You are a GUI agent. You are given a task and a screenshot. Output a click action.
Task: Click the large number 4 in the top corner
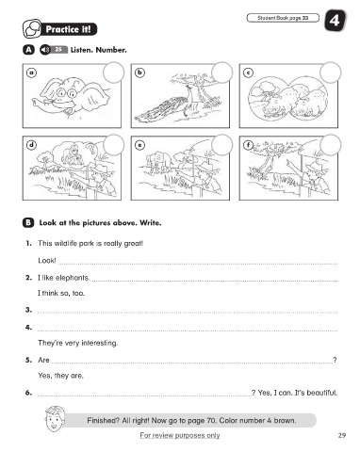click(x=335, y=21)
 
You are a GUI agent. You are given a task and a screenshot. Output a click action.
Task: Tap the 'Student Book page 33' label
click(x=283, y=18)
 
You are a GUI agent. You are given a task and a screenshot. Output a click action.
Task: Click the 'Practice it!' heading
click(x=68, y=29)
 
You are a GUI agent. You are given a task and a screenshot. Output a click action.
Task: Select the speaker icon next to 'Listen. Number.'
click(x=45, y=50)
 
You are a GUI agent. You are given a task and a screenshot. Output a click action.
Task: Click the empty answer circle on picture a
click(x=113, y=73)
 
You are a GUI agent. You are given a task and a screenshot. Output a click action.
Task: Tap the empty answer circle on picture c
click(x=331, y=73)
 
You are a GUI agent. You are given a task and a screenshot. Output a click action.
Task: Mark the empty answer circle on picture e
click(x=222, y=145)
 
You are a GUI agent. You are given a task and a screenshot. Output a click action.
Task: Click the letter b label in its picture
click(x=139, y=73)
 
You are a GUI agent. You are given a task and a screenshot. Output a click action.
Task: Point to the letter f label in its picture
click(x=249, y=145)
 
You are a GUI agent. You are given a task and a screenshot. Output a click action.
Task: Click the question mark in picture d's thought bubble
click(x=90, y=149)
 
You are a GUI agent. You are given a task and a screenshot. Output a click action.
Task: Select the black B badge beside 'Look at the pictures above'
click(x=28, y=223)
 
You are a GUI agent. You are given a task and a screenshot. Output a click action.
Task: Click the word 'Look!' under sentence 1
click(x=47, y=261)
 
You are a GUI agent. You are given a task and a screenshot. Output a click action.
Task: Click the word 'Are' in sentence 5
click(x=43, y=360)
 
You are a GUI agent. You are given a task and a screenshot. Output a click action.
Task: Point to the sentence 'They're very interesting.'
click(x=78, y=343)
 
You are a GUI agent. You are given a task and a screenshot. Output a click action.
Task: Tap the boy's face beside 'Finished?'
click(x=55, y=419)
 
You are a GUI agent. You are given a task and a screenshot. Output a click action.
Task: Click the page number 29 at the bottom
click(x=342, y=435)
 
